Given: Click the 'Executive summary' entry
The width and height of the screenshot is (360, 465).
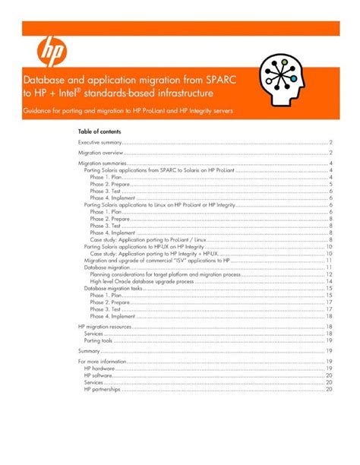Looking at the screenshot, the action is [x=101, y=142].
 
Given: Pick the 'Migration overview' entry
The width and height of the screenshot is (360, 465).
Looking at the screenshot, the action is [x=102, y=153].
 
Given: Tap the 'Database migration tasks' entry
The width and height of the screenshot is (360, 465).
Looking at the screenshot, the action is [x=113, y=288].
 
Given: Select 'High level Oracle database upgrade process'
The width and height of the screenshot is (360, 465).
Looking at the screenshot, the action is [x=149, y=281].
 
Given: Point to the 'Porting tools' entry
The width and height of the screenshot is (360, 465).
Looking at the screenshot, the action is [x=98, y=340].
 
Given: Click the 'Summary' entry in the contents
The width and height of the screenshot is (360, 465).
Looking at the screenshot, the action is [x=90, y=351].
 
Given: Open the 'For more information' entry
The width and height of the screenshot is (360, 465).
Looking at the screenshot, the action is [x=103, y=362].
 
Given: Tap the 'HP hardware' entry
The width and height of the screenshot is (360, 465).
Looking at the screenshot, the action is [x=100, y=369].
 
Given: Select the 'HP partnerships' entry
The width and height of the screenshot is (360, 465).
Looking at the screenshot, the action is [x=104, y=389].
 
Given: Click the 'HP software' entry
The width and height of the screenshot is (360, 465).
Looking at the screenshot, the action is [x=99, y=375].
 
